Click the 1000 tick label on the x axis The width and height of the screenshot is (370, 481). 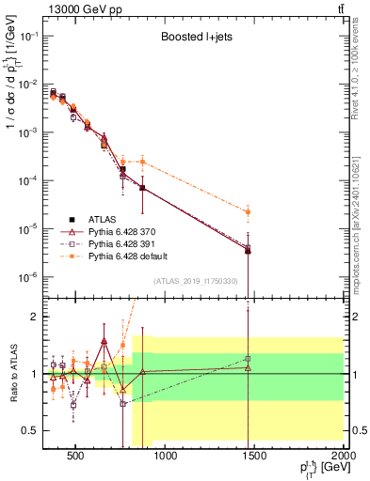[166, 457]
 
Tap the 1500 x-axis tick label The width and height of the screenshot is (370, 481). [255, 457]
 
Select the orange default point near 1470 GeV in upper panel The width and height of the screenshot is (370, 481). [248, 212]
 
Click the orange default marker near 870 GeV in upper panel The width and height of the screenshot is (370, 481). [142, 162]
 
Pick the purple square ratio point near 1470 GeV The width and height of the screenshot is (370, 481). [248, 359]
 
